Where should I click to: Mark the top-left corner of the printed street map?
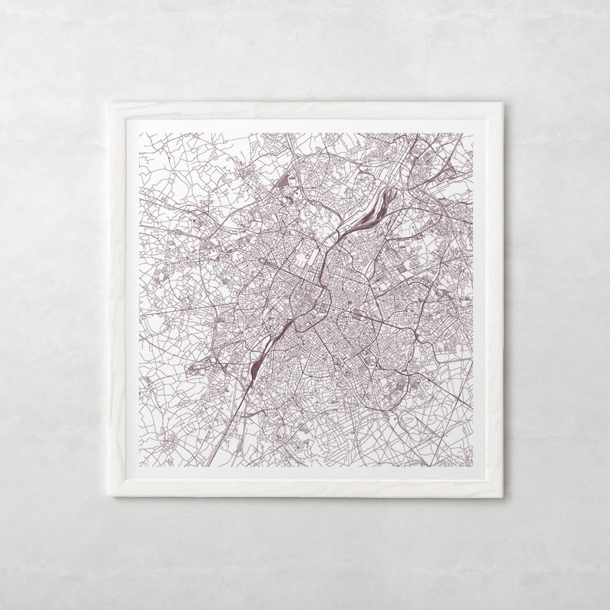coord(139,133)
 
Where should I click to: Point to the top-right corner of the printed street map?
coord(472,133)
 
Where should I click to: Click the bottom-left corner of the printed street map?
coord(139,466)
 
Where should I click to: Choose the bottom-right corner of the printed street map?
coord(472,466)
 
